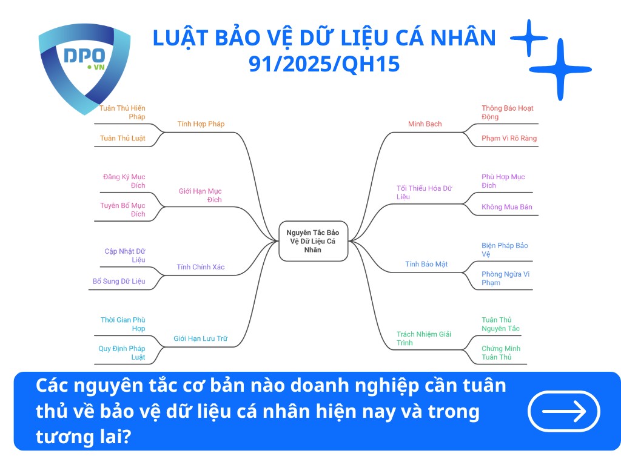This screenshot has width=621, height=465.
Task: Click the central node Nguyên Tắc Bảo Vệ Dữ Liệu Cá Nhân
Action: pos(313,241)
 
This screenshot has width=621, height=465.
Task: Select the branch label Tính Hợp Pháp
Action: pos(201,124)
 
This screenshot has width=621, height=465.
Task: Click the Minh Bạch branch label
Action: pos(425,124)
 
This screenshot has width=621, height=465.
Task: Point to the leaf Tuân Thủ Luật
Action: pos(123,138)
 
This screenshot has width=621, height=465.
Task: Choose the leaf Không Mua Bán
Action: pos(506,207)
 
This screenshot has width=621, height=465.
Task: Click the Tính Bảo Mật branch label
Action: pos(426,264)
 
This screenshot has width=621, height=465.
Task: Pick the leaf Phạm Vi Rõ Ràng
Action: pos(509,138)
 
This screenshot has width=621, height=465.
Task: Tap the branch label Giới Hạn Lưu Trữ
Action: pos(200,338)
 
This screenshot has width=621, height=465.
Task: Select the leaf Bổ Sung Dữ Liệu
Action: pos(119,281)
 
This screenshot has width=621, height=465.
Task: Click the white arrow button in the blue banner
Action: pos(564,412)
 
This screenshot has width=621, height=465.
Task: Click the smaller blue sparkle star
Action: pos(529,38)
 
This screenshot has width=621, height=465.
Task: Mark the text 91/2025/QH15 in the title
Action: pos(324,64)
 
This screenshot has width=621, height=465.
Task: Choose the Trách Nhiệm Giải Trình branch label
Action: pos(425,338)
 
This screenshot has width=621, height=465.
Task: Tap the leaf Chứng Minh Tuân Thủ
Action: pos(501,353)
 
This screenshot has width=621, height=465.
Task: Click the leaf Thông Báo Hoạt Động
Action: pos(507,113)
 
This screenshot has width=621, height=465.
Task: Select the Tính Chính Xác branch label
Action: pos(201,267)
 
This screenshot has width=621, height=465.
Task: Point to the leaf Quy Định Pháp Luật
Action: pos(122,353)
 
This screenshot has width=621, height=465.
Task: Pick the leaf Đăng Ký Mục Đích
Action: pos(124,181)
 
